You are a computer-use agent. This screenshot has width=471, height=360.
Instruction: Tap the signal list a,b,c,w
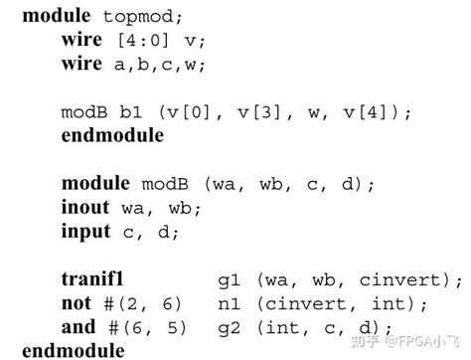pyautogui.click(x=161, y=67)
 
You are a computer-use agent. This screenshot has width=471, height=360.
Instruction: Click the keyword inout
pyautogui.click(x=85, y=209)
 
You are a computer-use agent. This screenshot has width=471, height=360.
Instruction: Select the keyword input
pyautogui.click(x=85, y=233)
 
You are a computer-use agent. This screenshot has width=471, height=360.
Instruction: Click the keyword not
pyautogui.click(x=76, y=303)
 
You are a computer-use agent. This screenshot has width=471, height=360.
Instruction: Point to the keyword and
pyautogui.click(x=78, y=327)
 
